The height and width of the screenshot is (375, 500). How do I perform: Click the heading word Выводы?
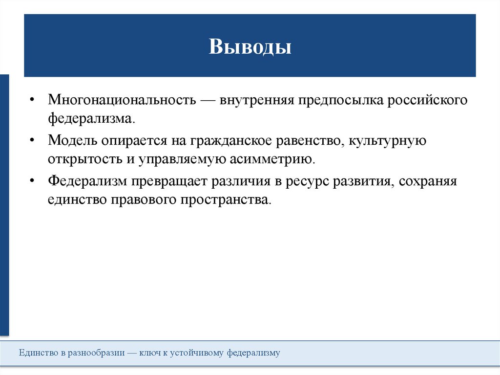tap(250, 47)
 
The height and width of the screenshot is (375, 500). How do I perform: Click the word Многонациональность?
tap(122, 100)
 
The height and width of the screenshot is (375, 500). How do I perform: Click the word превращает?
tap(168, 181)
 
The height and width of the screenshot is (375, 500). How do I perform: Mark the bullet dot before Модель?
tap(32, 141)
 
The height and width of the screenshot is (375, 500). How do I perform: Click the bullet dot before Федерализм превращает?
tap(32, 181)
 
